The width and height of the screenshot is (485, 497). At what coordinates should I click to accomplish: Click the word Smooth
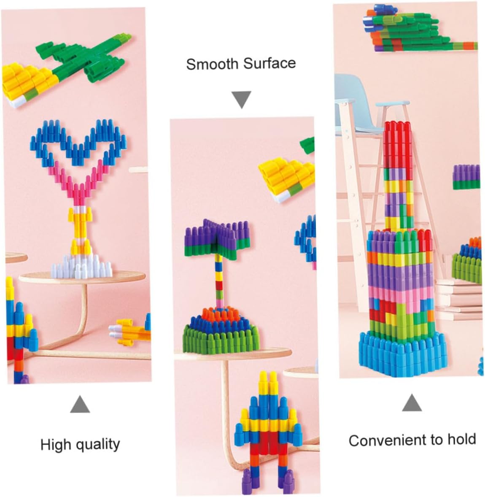click(210, 64)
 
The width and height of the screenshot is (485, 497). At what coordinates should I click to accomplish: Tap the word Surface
click(269, 63)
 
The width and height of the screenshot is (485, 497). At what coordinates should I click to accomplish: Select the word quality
click(97, 444)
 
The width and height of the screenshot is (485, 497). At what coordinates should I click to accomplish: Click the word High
click(55, 444)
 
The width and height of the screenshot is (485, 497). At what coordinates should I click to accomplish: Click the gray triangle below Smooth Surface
click(242, 99)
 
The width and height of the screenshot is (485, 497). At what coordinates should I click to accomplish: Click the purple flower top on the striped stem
click(218, 238)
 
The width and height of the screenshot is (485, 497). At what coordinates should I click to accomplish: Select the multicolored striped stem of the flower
click(219, 280)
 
